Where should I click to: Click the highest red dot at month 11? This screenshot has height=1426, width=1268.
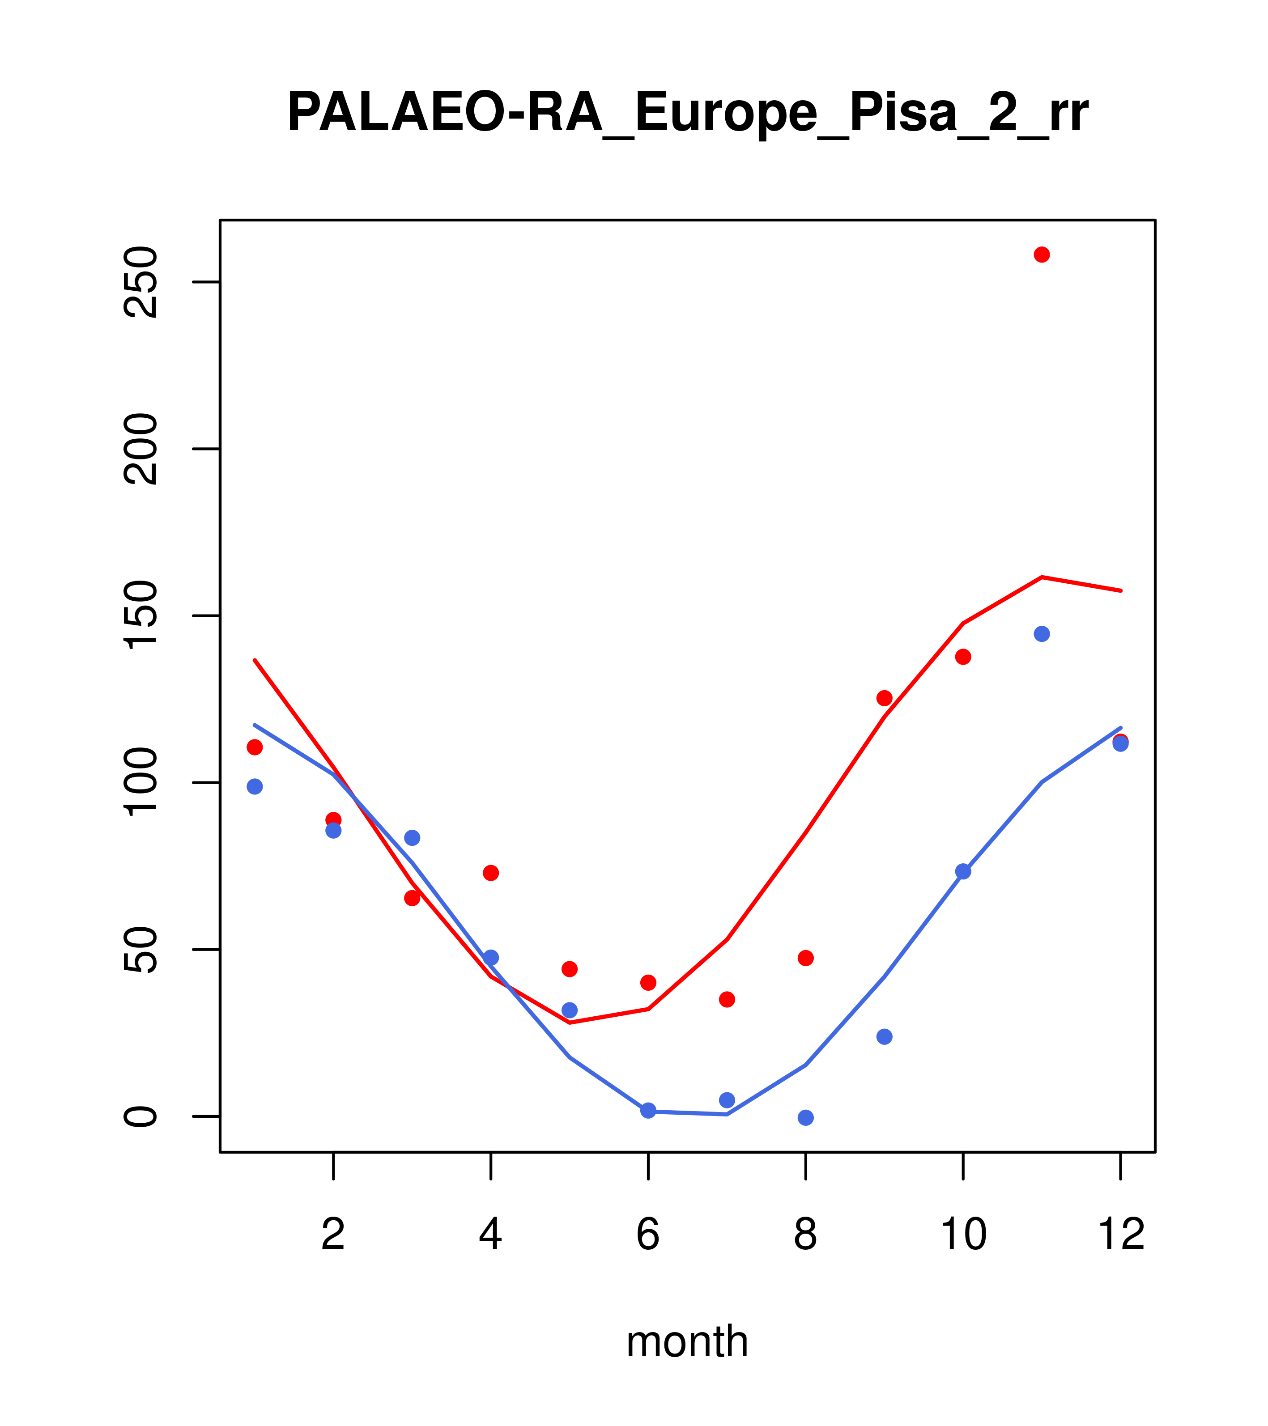[x=1042, y=255]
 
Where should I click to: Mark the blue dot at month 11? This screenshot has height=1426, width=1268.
[x=1042, y=633]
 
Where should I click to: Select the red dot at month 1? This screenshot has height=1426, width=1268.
[x=255, y=747]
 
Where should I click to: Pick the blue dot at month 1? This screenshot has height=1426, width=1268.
[x=255, y=786]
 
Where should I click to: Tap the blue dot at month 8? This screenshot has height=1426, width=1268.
[x=805, y=1118]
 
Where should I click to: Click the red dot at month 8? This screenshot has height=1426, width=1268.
[x=805, y=958]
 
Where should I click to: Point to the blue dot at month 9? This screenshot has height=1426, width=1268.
[x=884, y=1037]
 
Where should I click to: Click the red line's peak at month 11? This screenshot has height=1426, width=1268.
[x=1042, y=577]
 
